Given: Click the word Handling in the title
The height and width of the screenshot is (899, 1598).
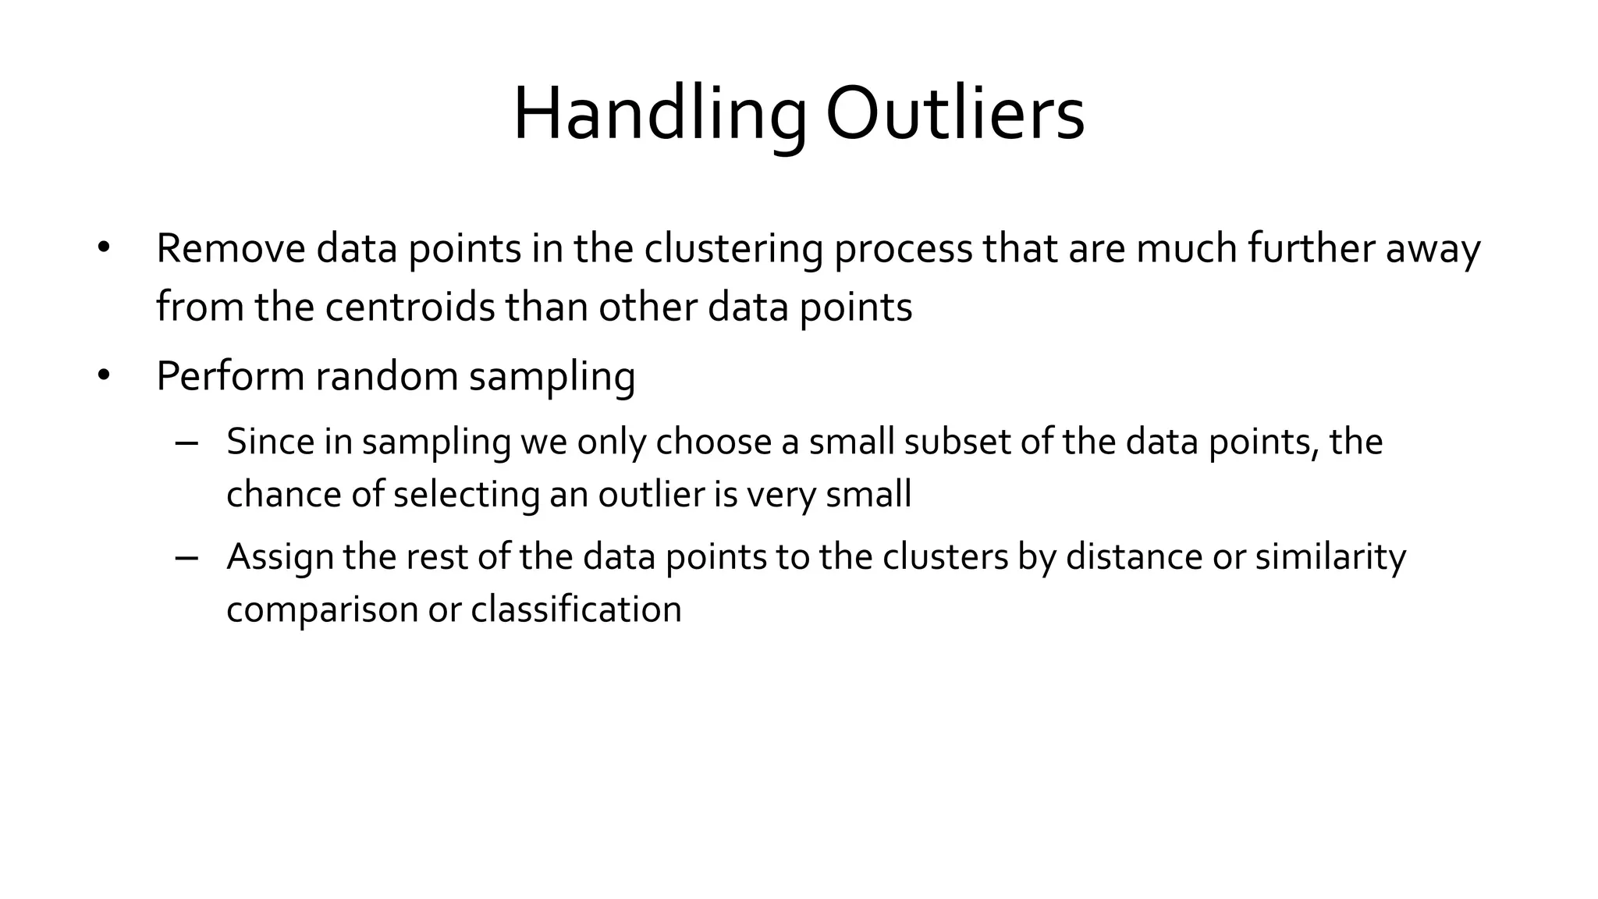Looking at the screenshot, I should pyautogui.click(x=659, y=115).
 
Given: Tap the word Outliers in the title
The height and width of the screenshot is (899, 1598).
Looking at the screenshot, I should pyautogui.click(x=954, y=115).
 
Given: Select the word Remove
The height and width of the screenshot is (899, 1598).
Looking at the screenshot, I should pyautogui.click(x=231, y=249).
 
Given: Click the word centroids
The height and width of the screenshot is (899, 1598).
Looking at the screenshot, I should pyautogui.click(x=410, y=307).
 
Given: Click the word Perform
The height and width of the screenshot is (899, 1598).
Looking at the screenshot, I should pyautogui.click(x=230, y=376).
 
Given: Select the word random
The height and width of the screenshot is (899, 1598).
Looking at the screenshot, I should pyautogui.click(x=386, y=376).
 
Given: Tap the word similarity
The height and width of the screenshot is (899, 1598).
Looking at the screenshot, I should pyautogui.click(x=1330, y=557).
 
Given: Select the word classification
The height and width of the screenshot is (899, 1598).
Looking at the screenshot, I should pyautogui.click(x=576, y=609).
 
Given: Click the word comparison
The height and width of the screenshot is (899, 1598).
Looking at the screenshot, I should pyautogui.click(x=322, y=609).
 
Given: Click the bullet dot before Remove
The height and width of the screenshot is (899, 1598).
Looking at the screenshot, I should pyautogui.click(x=104, y=249).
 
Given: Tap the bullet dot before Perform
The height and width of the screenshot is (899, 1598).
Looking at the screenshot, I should pyautogui.click(x=104, y=376).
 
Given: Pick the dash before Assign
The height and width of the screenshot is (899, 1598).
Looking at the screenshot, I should pyautogui.click(x=187, y=557).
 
